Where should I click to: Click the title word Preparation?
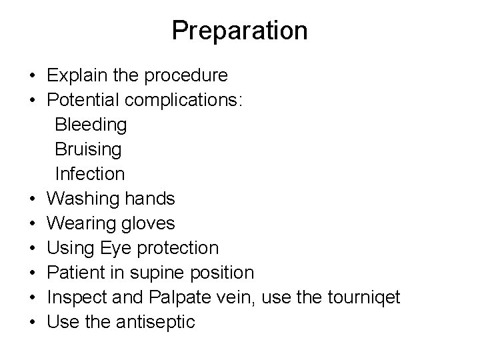[239, 31]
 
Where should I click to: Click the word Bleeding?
[91, 125]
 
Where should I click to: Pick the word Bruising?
[88, 149]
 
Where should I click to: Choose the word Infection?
[89, 174]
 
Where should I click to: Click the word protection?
[177, 248]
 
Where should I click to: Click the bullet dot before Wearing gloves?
[33, 223]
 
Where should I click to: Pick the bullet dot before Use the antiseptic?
[33, 323]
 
